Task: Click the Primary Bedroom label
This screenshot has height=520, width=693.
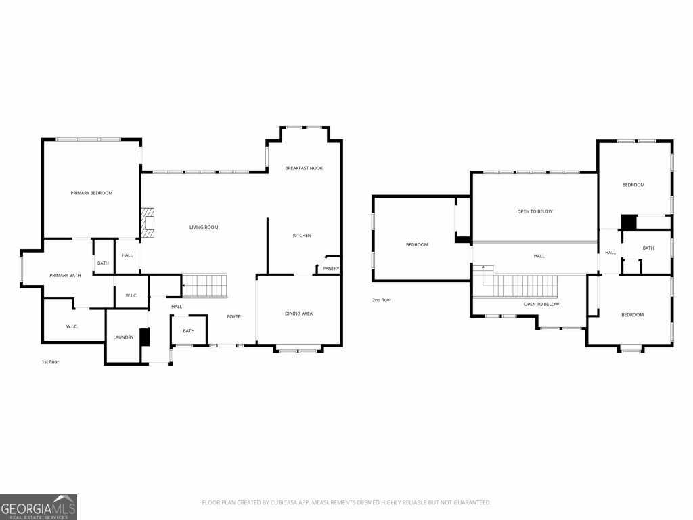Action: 91,193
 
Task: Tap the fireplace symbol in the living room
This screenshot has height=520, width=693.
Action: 148,223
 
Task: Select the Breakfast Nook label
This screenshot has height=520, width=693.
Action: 304,168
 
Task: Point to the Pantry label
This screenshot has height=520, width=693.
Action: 330,268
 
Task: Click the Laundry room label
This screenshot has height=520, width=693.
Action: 123,337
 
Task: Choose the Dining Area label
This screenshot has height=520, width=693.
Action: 298,313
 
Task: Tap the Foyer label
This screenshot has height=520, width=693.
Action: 233,316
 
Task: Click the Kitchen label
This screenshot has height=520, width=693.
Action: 302,235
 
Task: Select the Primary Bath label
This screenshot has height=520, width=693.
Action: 65,275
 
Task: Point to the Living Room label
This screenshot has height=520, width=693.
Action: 204,227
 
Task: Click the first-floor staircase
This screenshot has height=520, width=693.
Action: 205,286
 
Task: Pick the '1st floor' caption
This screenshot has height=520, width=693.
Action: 50,362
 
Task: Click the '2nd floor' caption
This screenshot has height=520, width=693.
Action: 382,300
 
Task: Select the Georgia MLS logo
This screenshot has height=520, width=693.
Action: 39,507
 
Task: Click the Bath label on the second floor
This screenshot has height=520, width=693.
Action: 648,248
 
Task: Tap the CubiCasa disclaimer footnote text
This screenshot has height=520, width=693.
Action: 346,502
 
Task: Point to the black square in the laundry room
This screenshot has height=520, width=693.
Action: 145,337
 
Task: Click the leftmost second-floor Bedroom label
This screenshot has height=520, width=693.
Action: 417,244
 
